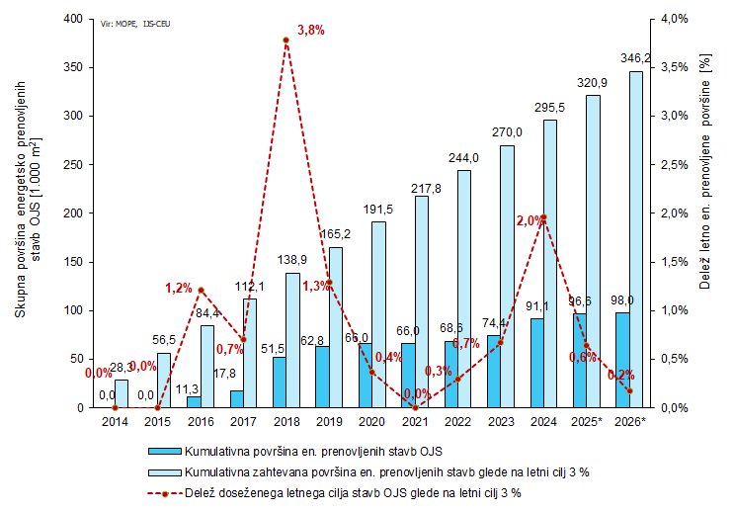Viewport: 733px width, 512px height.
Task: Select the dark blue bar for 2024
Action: pyautogui.click(x=536, y=363)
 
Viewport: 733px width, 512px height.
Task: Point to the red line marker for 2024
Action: pyautogui.click(x=543, y=217)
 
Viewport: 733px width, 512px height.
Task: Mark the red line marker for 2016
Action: pyautogui.click(x=201, y=291)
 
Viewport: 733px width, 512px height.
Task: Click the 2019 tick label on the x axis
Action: pyautogui.click(x=329, y=422)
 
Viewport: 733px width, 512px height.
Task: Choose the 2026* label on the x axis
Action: pyautogui.click(x=629, y=422)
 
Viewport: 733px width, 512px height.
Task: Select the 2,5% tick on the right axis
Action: pyautogui.click(x=672, y=164)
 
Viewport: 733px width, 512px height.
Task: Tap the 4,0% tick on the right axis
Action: pyautogui.click(x=672, y=19)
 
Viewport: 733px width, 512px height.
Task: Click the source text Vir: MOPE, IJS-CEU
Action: pyautogui.click(x=135, y=21)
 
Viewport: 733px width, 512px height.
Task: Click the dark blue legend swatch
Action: pyautogui.click(x=164, y=452)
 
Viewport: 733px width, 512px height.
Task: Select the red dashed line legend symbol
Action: pyautogui.click(x=164, y=491)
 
